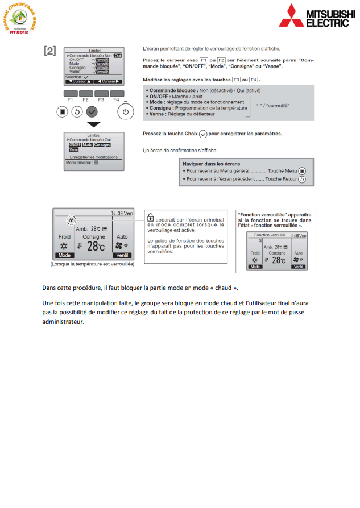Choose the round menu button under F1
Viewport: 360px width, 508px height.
(x=63, y=112)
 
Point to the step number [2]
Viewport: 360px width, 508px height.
(x=50, y=51)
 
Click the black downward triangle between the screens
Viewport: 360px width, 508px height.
(x=93, y=125)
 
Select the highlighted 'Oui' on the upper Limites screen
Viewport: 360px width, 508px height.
(x=118, y=56)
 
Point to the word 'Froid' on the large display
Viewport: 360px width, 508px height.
(x=64, y=236)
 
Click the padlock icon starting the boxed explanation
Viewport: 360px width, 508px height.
(x=150, y=216)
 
